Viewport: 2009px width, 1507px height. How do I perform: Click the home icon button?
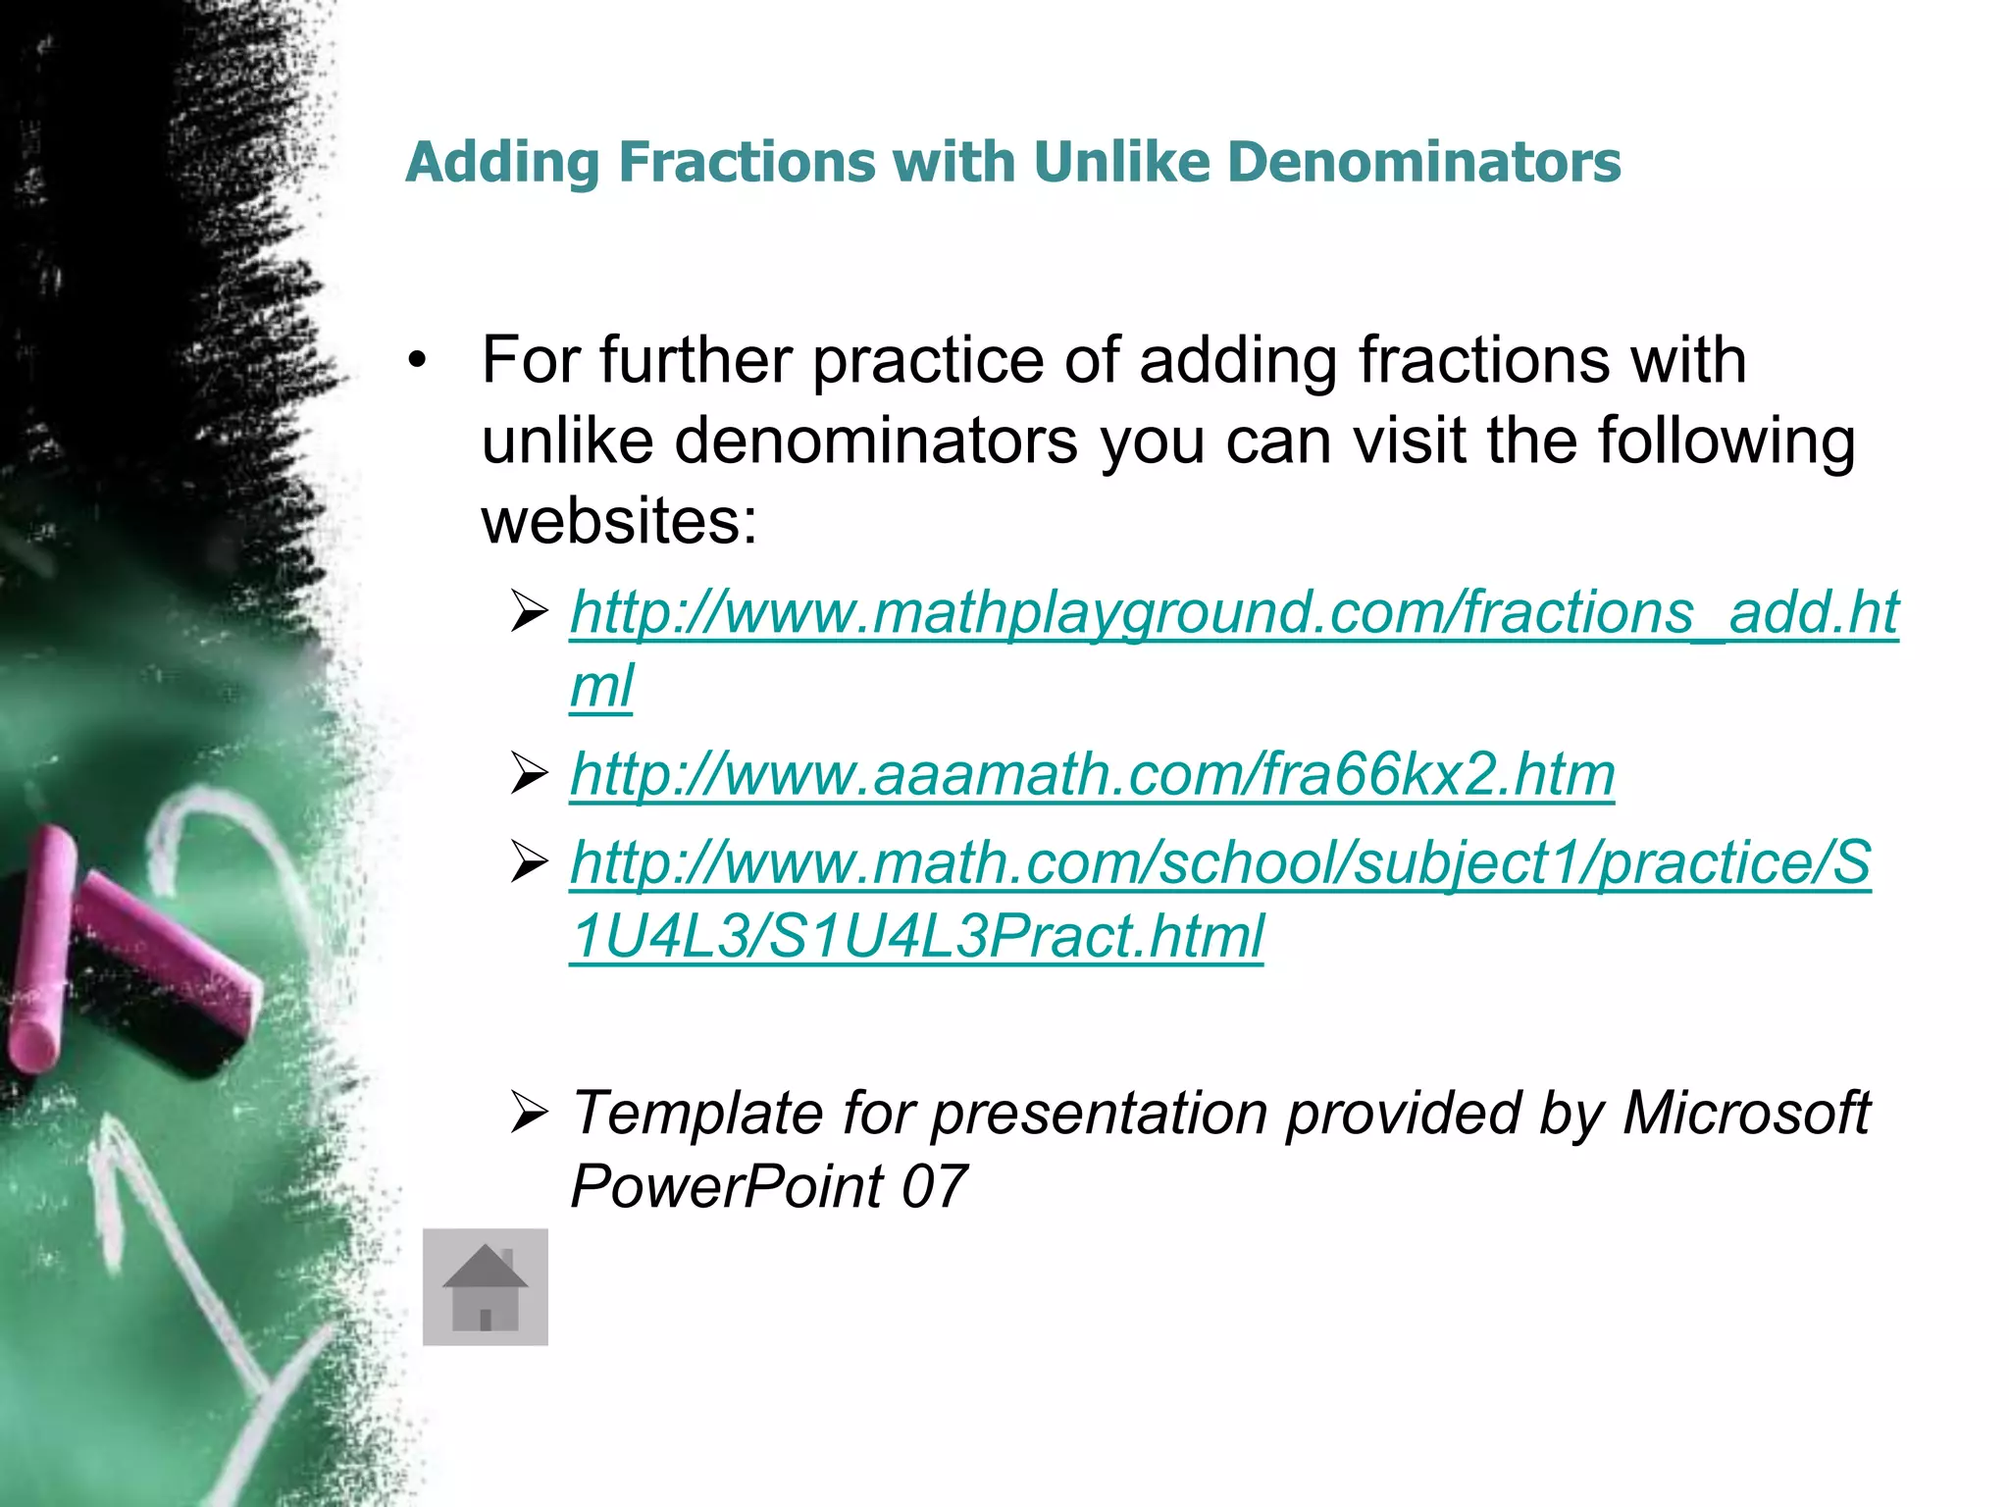coord(485,1286)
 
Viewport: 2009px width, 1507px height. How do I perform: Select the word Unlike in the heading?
coord(1121,162)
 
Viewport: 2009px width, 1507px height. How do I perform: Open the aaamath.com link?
coord(1092,774)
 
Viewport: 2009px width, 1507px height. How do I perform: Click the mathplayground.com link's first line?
coord(1234,613)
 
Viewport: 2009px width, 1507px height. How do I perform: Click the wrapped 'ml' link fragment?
coord(601,686)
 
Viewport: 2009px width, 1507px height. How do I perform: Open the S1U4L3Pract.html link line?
coord(916,936)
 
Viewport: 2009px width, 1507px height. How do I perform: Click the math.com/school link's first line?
coord(1219,863)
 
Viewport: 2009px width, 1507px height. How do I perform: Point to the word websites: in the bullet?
coord(619,520)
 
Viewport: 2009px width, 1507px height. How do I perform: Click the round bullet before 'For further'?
coord(419,361)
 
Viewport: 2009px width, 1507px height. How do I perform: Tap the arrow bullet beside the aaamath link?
coord(529,775)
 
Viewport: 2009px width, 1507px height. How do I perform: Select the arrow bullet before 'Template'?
coord(529,1114)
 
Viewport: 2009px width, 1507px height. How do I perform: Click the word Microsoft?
coord(1746,1114)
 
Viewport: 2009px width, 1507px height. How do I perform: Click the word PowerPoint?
coord(727,1186)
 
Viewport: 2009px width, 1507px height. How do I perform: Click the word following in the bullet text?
coord(1726,441)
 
